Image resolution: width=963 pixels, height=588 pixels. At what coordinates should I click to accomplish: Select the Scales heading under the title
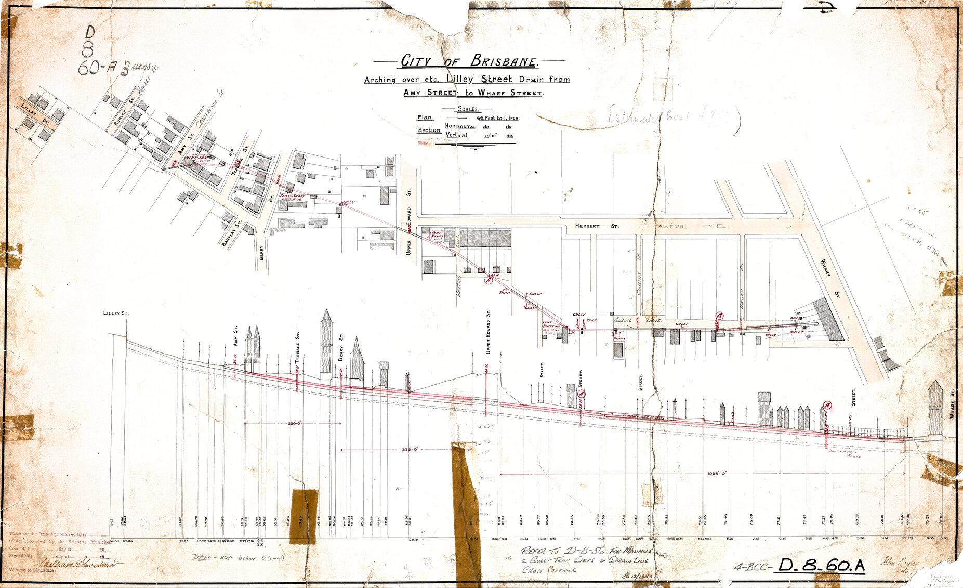tap(468, 109)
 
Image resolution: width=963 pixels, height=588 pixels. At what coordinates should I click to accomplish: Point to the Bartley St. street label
tap(232, 233)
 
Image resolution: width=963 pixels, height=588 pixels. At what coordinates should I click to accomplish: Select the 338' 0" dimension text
tap(410, 449)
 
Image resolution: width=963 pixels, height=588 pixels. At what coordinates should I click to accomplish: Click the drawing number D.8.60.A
tap(819, 566)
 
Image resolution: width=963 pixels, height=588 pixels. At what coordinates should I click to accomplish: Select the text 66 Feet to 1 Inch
tap(498, 118)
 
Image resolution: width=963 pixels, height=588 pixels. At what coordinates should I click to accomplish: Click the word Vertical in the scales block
tap(456, 135)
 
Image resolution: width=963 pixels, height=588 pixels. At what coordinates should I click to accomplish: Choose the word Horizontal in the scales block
tap(460, 126)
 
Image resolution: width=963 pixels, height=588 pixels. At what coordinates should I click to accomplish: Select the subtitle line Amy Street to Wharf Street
tap(473, 93)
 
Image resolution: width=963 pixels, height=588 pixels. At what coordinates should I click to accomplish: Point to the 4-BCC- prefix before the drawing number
tap(752, 566)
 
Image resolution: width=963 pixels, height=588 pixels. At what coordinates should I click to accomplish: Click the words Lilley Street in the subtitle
tap(476, 80)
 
